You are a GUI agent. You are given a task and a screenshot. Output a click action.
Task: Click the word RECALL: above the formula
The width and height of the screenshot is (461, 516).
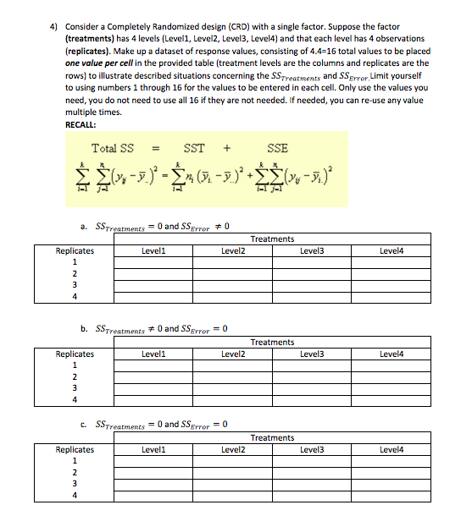coord(82,124)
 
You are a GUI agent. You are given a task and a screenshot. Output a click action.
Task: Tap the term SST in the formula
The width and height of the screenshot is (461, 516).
coord(194,149)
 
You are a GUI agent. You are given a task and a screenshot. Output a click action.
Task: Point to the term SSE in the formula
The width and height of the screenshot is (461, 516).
coord(277,149)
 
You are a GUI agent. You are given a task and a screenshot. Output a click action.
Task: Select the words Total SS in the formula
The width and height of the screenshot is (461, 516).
coord(112,149)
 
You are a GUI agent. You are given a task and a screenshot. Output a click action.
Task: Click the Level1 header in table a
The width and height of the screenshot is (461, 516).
coord(154,250)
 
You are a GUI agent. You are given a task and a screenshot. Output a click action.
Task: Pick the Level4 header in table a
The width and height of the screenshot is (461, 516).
coord(392,250)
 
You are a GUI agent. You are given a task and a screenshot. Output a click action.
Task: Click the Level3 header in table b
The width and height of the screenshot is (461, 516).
coord(312,354)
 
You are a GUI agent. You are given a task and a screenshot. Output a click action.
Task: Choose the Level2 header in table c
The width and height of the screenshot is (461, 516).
coord(234,450)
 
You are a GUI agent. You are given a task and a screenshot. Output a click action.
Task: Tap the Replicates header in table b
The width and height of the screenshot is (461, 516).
coord(75,354)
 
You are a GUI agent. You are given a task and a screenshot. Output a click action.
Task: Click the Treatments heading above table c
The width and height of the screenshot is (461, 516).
coord(273,438)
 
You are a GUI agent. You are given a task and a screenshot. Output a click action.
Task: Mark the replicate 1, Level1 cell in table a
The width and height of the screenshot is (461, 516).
coord(154,262)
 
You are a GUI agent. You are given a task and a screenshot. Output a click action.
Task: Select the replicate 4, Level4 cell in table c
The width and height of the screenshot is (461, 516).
coord(392,497)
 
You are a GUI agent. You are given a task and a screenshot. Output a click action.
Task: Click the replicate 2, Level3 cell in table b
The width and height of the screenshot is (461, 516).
coord(312,377)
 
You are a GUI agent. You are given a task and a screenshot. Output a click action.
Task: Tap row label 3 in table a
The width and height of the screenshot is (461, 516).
coord(75,285)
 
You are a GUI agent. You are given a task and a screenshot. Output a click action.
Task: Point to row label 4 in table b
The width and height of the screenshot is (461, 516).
coord(75,400)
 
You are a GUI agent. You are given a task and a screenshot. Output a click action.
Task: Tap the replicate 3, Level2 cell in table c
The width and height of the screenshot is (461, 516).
coord(234,485)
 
